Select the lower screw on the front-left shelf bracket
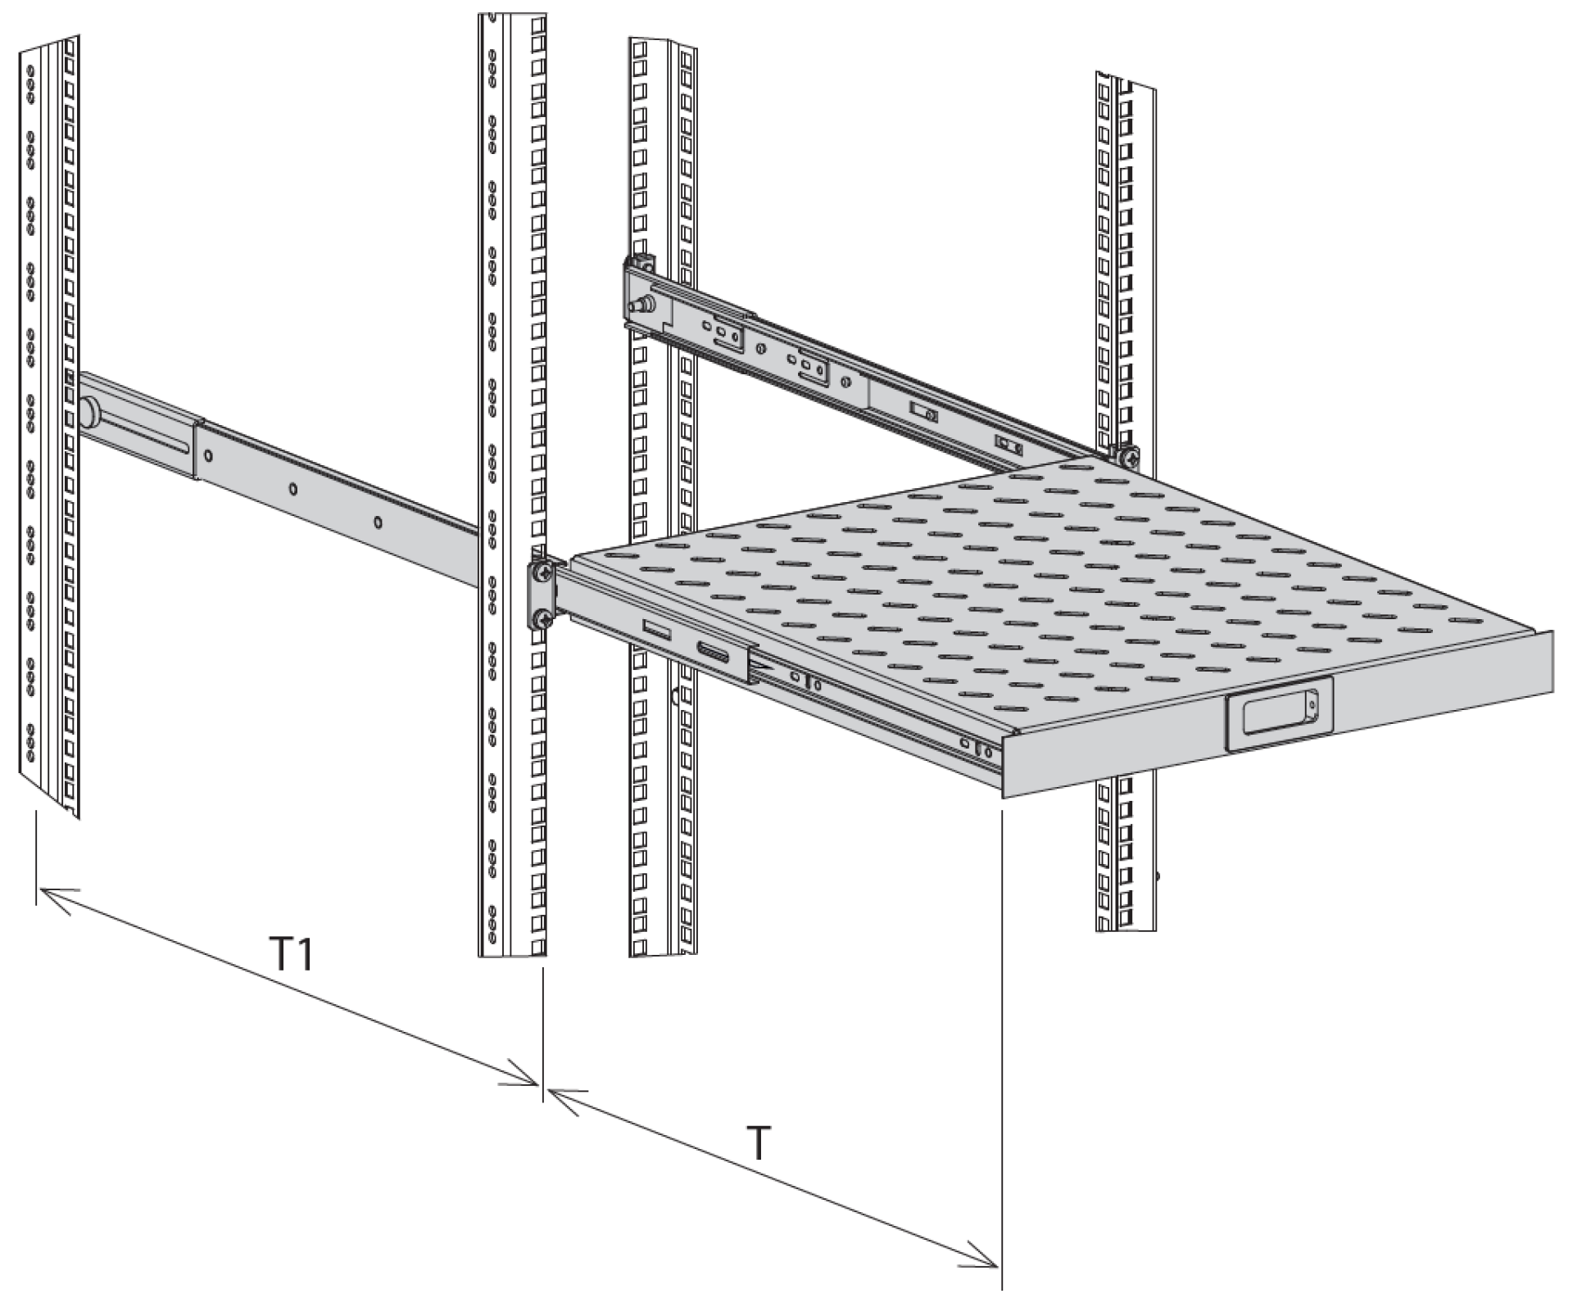pyautogui.click(x=542, y=618)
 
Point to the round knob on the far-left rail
pyautogui.click(x=88, y=412)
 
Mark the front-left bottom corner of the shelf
pyautogui.click(x=1004, y=795)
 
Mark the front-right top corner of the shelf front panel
pyautogui.click(x=1553, y=631)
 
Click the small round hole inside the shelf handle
pyautogui.click(x=1311, y=703)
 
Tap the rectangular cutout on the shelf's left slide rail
pyautogui.click(x=657, y=630)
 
